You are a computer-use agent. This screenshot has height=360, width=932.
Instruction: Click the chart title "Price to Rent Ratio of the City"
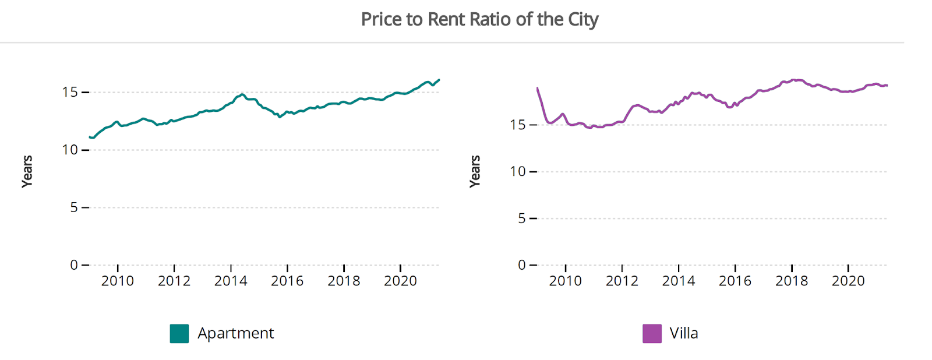[x=479, y=19]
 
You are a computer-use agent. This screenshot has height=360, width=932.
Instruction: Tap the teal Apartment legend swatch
[x=179, y=333]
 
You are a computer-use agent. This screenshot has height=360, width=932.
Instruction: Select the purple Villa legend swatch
[x=652, y=333]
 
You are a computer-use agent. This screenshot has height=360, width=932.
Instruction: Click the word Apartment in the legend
[x=235, y=333]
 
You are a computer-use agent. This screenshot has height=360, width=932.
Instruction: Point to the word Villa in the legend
[x=683, y=333]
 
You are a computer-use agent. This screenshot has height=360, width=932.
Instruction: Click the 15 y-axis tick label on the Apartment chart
[x=70, y=92]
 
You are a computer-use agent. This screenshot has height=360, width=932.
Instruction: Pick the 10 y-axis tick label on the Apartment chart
[x=70, y=150]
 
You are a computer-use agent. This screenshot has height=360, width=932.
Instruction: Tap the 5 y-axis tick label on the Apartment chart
[x=74, y=207]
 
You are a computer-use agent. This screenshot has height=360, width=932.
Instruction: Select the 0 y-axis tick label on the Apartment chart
[x=74, y=265]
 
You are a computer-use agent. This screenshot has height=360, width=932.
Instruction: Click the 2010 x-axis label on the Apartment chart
[x=118, y=281]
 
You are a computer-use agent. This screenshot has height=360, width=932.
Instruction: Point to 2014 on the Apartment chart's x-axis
[x=231, y=281]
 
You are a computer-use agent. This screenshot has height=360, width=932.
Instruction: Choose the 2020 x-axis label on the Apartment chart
[x=400, y=281]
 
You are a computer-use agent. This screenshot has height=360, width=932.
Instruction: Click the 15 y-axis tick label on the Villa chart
[x=517, y=125]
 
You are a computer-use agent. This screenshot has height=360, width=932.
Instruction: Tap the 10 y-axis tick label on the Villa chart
[x=517, y=171]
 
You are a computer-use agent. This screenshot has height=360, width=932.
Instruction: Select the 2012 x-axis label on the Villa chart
[x=622, y=281]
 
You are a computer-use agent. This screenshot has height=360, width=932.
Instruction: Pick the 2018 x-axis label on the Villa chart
[x=791, y=281]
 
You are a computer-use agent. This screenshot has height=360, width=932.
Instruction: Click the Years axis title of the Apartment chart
[x=27, y=171]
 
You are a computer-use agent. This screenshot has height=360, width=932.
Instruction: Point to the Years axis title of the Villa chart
[x=475, y=171]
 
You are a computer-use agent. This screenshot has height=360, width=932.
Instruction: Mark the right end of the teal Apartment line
[x=439, y=80]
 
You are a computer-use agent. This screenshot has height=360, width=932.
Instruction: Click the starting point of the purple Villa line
[x=537, y=88]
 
